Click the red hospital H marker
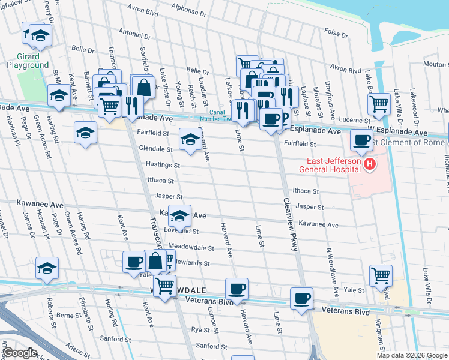pyautogui.click(x=370, y=163)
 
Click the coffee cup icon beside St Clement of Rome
pyautogui.click(x=361, y=140)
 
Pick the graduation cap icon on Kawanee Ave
pyautogui.click(x=179, y=215)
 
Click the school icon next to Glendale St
pyautogui.click(x=190, y=140)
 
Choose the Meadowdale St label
pyautogui.click(x=191, y=247)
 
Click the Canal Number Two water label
pyautogui.click(x=223, y=115)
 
